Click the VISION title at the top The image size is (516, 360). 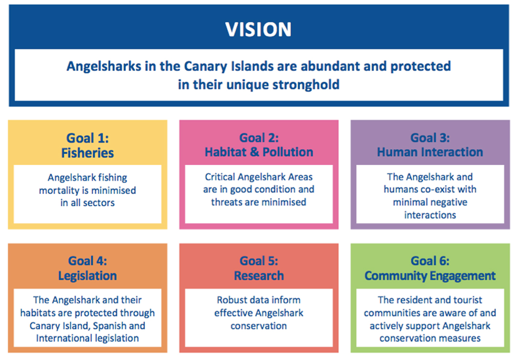tap(258, 29)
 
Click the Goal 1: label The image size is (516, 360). tap(87, 138)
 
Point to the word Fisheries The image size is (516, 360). tap(87, 153)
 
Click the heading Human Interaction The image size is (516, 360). tap(430, 152)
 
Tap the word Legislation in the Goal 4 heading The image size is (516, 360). tap(87, 276)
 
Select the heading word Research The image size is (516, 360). tap(258, 275)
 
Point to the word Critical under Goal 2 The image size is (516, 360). tap(220, 177)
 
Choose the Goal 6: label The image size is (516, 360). tap(430, 261)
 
